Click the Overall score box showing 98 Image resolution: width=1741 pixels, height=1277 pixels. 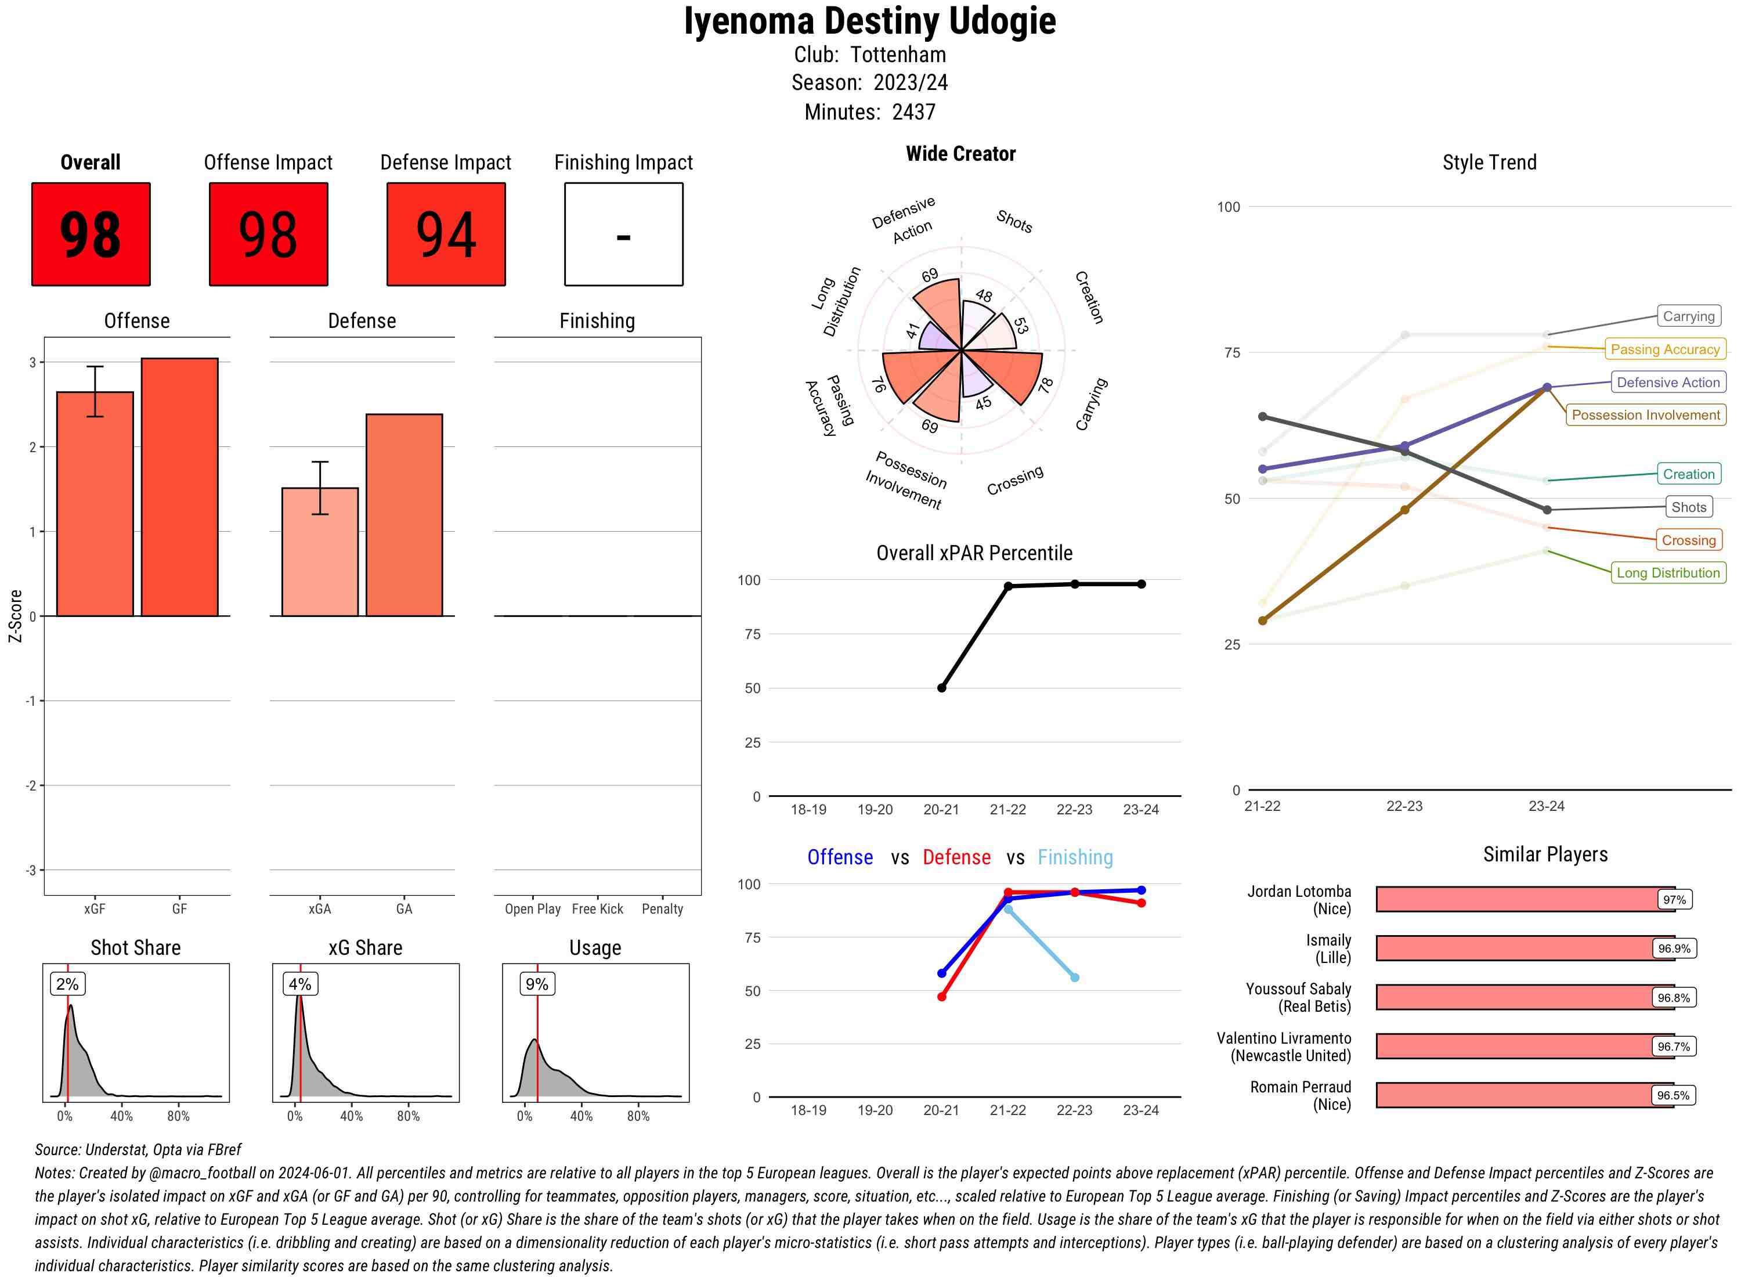91,235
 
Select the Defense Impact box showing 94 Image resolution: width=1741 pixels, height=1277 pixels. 446,235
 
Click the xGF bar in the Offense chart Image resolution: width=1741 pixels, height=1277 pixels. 95,503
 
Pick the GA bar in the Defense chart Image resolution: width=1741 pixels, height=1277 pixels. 404,515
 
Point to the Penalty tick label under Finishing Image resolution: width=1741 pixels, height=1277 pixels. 662,909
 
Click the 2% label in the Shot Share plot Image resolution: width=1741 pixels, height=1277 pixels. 67,984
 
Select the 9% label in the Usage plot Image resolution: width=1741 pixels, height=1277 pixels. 536,984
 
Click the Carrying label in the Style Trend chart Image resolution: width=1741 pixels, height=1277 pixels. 1688,316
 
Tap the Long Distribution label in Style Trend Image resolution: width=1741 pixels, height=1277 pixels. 1668,573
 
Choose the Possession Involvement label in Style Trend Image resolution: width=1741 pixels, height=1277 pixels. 1645,415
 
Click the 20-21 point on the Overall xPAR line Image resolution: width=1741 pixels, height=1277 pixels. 941,688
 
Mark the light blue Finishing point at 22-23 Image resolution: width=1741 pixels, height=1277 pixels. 1074,978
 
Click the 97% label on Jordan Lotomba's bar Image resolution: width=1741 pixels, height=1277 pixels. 1674,900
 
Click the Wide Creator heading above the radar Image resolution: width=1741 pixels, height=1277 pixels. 960,154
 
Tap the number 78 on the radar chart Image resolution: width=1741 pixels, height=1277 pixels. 1046,385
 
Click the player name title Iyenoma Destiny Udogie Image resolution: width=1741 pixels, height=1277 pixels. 870,21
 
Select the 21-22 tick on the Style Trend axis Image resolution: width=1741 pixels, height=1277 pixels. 1262,806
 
